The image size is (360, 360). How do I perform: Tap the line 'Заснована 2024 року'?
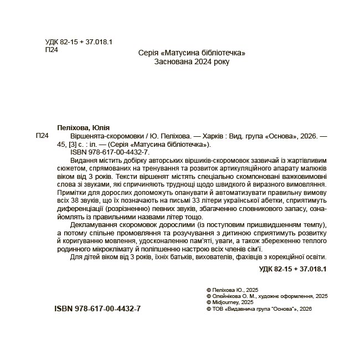tap(191, 62)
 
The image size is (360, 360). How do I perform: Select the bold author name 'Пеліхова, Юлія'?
tap(84, 127)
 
